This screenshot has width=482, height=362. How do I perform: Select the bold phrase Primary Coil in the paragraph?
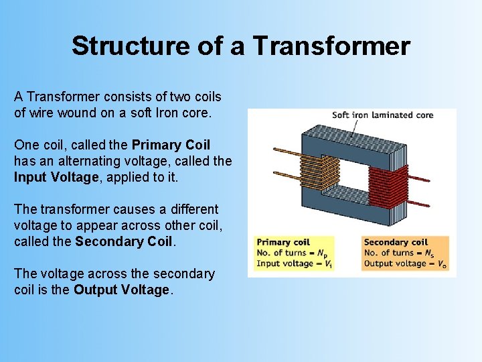(171, 145)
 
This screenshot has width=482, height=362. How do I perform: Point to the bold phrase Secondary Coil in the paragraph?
(125, 241)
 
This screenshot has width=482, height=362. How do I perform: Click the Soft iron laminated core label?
(382, 115)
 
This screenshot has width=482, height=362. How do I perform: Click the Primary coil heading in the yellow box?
(284, 243)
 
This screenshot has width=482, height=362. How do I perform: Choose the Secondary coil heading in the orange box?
(396, 242)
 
